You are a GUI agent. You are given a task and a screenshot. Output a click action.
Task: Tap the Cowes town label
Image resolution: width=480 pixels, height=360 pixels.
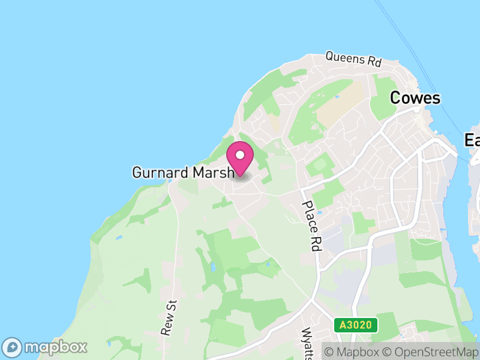415,98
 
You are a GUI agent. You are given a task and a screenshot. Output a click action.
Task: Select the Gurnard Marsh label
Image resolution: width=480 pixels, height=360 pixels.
182,173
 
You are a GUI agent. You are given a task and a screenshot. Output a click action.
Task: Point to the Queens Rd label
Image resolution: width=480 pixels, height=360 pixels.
353,59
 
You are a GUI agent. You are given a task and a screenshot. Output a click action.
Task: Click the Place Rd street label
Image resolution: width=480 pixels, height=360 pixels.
310,226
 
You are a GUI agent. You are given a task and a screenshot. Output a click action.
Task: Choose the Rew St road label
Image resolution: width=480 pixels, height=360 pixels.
170,317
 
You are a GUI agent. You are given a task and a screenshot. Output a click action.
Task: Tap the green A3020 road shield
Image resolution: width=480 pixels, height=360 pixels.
356,325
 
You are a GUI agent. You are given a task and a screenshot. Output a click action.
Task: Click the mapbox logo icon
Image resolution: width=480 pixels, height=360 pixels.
12,347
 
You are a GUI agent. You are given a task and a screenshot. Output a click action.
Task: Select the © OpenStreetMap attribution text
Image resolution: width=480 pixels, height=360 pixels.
431,351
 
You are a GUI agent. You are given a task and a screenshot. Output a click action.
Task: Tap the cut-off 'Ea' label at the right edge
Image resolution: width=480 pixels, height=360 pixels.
472,140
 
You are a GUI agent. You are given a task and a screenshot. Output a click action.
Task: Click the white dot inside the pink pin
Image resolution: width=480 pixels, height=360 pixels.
240,155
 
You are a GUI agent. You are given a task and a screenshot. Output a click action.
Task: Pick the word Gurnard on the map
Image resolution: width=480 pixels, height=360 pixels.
160,173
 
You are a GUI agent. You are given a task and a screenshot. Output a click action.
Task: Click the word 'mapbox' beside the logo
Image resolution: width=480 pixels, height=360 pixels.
55,347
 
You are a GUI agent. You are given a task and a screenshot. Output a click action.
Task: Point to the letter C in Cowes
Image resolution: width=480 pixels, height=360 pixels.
396,98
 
